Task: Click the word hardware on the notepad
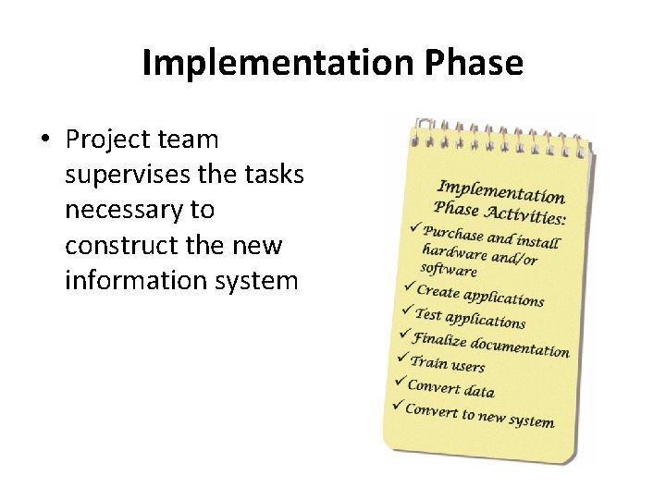454,252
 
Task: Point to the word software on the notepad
449,270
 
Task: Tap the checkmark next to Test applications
405,310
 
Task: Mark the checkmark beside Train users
401,357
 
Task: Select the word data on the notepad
476,391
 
